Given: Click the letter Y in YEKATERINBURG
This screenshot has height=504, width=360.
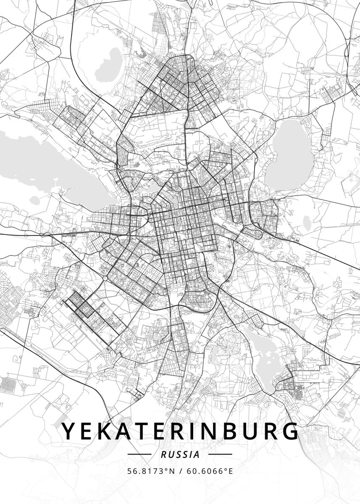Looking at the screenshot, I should click(70, 431).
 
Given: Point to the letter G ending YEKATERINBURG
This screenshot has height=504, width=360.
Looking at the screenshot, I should click(289, 431).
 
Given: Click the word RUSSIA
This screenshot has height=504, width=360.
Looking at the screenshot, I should click(180, 454).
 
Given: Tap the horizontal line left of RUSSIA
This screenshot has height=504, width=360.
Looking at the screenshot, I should click(139, 454).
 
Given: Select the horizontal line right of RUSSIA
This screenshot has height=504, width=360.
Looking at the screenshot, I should click(220, 454).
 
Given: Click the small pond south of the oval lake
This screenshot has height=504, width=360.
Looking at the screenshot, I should click(307, 220).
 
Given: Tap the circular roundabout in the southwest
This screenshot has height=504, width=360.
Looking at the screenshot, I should click(104, 278).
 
